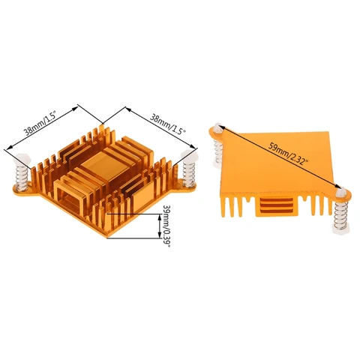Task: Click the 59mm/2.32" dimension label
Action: (288, 153)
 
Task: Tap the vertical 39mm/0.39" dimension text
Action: (166, 226)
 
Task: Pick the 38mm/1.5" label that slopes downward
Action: (168, 124)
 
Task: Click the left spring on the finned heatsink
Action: (21, 178)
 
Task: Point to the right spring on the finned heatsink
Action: (189, 174)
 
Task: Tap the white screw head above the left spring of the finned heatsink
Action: (22, 159)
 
